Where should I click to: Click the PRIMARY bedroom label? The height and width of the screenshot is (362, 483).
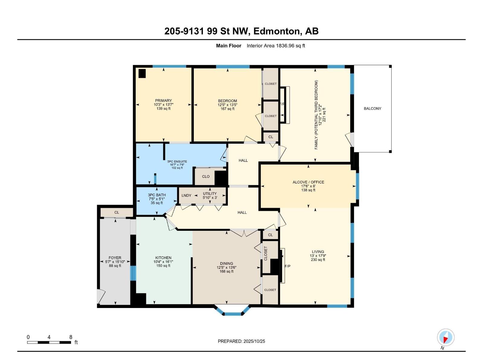click(x=163, y=101)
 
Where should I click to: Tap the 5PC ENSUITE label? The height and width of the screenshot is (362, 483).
click(x=177, y=161)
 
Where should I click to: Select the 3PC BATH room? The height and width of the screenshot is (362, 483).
click(x=157, y=199)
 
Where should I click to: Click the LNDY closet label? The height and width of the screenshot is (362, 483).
click(x=186, y=195)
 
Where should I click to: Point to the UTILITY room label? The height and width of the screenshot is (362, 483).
click(x=210, y=194)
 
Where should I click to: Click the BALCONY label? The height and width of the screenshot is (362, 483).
click(x=372, y=109)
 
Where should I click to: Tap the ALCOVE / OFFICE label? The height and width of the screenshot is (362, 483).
click(x=308, y=182)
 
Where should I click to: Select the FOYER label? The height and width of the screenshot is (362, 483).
click(x=115, y=258)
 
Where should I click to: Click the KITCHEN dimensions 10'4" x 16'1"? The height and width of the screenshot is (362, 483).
click(x=163, y=262)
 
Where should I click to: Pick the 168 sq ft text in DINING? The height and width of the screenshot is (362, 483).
click(x=226, y=271)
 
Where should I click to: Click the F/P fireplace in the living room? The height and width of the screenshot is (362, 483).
click(x=287, y=266)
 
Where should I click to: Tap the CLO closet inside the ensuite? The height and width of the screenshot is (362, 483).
click(x=206, y=176)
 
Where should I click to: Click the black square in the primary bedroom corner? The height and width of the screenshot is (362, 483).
click(x=142, y=74)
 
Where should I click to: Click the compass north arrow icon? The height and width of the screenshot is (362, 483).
click(x=446, y=338)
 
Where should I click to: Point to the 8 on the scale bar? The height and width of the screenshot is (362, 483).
click(x=71, y=337)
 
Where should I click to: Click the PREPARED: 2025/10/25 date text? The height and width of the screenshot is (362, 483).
click(x=241, y=341)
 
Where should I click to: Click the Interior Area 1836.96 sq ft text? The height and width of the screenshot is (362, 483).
click(x=276, y=46)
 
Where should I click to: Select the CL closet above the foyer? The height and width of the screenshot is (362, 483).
click(x=117, y=212)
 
